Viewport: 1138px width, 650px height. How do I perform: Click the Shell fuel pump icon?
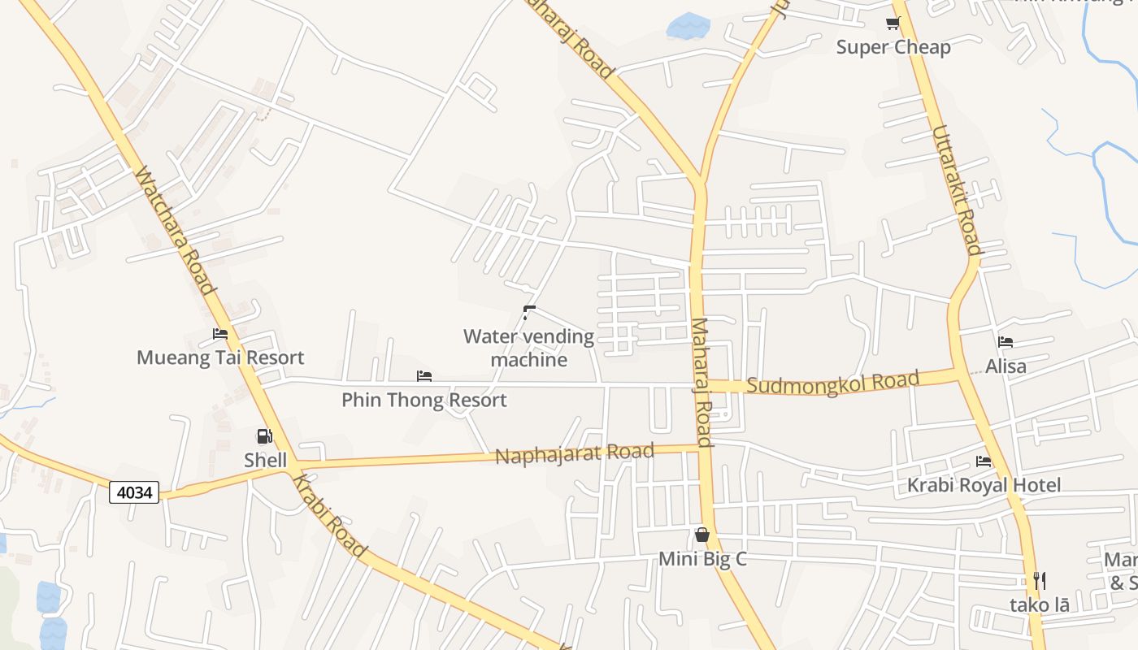[x=264, y=437]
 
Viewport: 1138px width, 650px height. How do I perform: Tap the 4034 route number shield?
[x=134, y=492]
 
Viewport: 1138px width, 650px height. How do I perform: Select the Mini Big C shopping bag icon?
[x=702, y=535]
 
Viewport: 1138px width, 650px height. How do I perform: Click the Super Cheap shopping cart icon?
[x=893, y=23]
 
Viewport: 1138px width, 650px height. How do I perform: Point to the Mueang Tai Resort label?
[x=220, y=357]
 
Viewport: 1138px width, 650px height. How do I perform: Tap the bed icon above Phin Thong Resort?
[x=423, y=376]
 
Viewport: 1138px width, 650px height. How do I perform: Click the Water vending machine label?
[x=528, y=348]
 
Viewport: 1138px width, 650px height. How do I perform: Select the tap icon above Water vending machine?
[x=529, y=311]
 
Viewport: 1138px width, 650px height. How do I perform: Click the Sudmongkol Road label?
[x=832, y=381]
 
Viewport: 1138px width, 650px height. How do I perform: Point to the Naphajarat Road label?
[x=575, y=453]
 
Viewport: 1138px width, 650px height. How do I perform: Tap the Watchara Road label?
[x=175, y=231]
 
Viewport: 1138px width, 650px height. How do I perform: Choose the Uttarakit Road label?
[x=956, y=189]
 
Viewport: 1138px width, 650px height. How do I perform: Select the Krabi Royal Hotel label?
[x=984, y=486]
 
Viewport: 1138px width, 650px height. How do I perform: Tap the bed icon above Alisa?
[x=1006, y=342]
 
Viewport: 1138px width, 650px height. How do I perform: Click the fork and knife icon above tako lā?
[x=1039, y=581]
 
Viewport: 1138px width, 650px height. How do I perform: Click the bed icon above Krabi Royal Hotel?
[x=984, y=461]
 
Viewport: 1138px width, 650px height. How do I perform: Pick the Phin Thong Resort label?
[x=423, y=400]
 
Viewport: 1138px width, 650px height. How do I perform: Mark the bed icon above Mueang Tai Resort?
[x=220, y=334]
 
